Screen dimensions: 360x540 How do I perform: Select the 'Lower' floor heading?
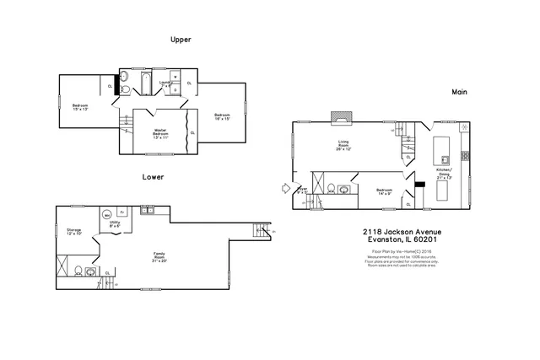click(153, 178)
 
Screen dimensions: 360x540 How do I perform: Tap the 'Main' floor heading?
click(459, 91)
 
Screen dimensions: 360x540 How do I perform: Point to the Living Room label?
click(344, 145)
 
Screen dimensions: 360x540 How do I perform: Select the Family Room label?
click(159, 255)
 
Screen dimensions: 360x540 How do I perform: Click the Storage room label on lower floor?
click(73, 231)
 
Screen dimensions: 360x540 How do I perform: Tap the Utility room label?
click(114, 225)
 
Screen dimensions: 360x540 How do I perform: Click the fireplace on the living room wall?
click(341, 116)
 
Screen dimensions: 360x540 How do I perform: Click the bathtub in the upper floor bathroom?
click(143, 83)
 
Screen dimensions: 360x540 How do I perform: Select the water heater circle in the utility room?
click(107, 214)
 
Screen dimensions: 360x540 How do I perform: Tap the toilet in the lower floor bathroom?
click(78, 271)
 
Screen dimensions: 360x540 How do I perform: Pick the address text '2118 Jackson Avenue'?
click(402, 231)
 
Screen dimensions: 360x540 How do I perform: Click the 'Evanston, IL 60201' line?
click(402, 239)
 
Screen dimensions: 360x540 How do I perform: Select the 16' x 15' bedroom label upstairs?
click(222, 116)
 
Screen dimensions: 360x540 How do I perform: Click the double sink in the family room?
click(147, 209)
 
